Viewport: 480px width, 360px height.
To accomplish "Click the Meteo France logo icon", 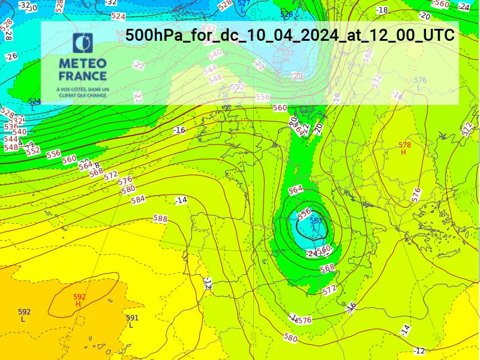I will (x=83, y=44).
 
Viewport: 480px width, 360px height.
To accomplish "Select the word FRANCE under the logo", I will (x=83, y=76).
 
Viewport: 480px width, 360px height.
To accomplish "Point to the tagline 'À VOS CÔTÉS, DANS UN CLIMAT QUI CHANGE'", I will (x=83, y=92).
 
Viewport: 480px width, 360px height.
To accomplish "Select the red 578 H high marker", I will (x=404, y=148).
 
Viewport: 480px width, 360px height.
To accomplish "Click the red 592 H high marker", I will (x=79, y=300).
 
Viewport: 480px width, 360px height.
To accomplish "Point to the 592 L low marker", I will (x=24, y=315).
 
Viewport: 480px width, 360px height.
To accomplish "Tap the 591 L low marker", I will (x=132, y=321).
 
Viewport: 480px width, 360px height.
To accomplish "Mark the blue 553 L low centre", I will (x=316, y=224).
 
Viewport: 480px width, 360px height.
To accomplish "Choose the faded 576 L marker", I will (x=420, y=83).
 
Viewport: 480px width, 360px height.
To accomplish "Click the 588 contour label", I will (x=160, y=219).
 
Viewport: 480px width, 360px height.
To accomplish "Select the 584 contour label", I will (x=138, y=199).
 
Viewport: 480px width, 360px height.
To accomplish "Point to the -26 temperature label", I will (x=11, y=56).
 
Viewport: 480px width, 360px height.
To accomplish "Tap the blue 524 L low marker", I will (x=34, y=104).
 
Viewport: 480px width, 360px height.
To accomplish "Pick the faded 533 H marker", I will (x=287, y=56).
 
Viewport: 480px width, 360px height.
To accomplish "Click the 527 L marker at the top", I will (x=243, y=6).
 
